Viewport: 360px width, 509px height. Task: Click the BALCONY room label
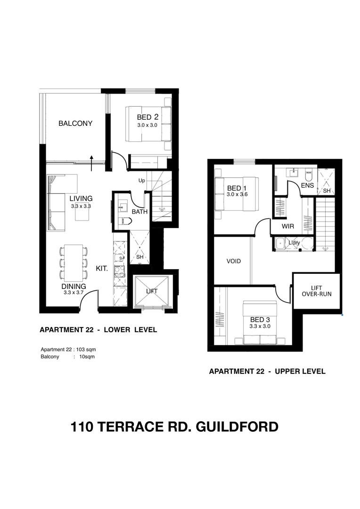(x=75, y=123)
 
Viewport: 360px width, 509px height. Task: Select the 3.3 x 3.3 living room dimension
(x=81, y=206)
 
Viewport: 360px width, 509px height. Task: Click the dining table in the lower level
(x=74, y=263)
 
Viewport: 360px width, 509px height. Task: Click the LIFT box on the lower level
(x=151, y=292)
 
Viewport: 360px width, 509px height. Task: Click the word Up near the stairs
(x=141, y=181)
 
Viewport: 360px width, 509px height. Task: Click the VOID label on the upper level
(x=234, y=261)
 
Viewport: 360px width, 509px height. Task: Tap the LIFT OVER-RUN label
(x=316, y=291)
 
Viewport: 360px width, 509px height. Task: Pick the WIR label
(x=288, y=227)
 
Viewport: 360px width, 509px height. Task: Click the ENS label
(x=307, y=186)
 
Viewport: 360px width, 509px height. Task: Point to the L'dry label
(x=294, y=243)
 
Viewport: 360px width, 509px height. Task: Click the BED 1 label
(x=237, y=188)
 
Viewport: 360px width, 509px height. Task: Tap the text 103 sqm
(x=86, y=350)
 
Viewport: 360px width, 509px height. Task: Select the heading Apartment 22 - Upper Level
(x=267, y=371)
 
